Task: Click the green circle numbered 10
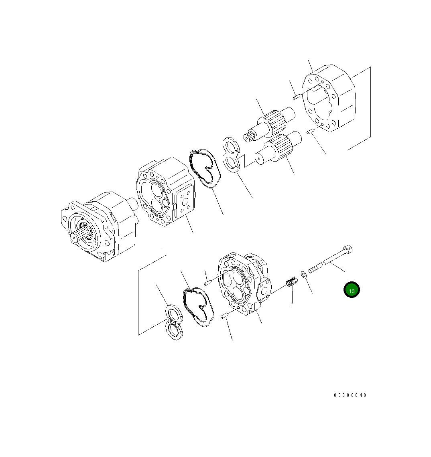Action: [351, 290]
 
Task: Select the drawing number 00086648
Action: [350, 395]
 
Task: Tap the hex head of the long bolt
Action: [348, 249]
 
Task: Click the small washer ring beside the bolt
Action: [304, 274]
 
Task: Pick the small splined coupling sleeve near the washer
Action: [291, 282]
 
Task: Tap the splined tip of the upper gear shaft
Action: [248, 137]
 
